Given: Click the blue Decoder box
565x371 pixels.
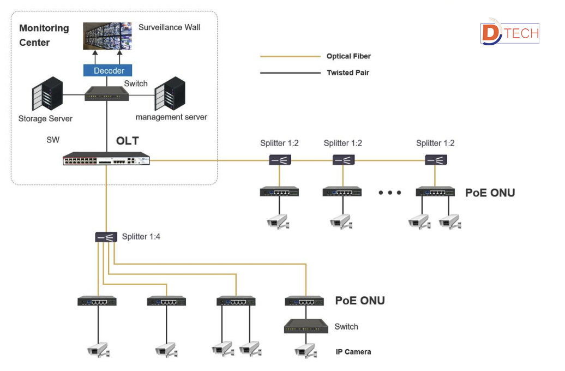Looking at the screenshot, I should coord(109,70).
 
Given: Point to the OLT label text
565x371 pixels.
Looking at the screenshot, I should coord(127,141).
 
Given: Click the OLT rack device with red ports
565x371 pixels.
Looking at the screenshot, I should coord(106,160).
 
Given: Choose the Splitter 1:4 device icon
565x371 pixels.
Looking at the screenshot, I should coord(106,237).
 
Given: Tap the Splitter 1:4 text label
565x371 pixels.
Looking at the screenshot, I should coord(141,237).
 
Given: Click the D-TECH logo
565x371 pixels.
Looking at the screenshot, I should coord(509,34).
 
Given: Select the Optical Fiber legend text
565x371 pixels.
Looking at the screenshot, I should coord(348,56).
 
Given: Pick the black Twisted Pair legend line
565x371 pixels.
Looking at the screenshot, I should coord(290,73).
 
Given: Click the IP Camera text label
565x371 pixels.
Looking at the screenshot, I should coord(353,352).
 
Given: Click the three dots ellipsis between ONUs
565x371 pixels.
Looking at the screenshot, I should coord(390,193).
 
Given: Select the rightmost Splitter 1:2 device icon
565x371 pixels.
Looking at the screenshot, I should coord(436,160).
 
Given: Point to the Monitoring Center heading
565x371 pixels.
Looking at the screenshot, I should coord(44,35).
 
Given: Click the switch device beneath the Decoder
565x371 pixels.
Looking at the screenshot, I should coord(107,95).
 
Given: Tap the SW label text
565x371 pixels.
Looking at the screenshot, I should coord(53,140).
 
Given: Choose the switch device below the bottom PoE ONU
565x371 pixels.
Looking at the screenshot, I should coord(306,327).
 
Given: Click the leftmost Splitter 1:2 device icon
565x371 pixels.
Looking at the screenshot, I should coord(280,160).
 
